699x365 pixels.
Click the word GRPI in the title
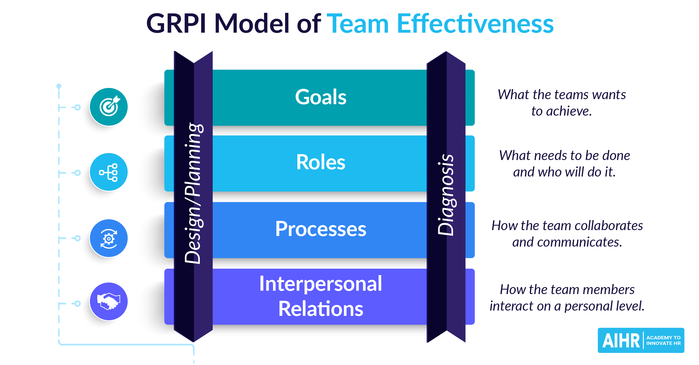pos(176,24)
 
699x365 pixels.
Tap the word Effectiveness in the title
pos(475,24)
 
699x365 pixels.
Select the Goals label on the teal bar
pos(321,97)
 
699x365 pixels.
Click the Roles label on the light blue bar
pos(321,163)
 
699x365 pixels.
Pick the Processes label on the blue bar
pos(321,229)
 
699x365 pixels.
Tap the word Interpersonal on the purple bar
pos(321,284)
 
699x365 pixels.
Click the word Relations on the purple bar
pos(321,309)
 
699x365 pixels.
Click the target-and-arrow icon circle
pos(109,107)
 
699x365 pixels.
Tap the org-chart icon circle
pos(109,172)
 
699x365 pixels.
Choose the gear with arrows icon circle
pos(109,238)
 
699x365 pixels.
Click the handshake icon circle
pos(109,302)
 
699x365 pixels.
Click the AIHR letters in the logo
pos(621,341)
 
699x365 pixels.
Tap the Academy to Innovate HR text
pos(663,340)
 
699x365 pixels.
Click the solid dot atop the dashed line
pos(59,86)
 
